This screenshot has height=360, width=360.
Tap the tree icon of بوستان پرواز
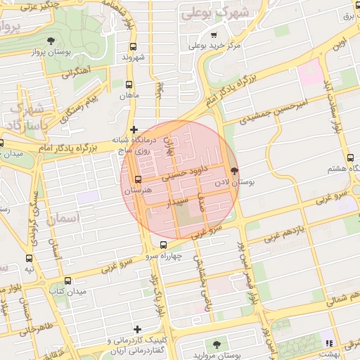(x=50, y=41)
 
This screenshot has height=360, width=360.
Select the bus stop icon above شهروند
(x=133, y=46)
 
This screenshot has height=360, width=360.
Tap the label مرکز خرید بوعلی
(x=214, y=46)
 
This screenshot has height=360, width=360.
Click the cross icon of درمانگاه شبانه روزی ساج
(x=134, y=129)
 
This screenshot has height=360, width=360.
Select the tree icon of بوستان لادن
(x=234, y=170)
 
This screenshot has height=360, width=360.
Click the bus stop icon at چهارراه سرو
(x=163, y=245)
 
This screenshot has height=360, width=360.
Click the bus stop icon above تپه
(x=29, y=258)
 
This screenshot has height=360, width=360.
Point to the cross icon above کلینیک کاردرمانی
(x=136, y=328)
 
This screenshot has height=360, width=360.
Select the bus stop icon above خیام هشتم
(x=350, y=157)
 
